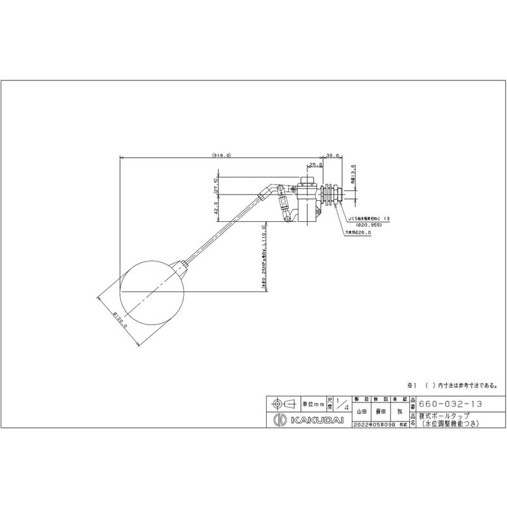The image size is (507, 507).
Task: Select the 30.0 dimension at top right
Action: click(x=334, y=154)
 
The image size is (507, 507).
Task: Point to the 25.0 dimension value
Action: click(x=315, y=165)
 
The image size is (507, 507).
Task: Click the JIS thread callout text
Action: click(x=373, y=217)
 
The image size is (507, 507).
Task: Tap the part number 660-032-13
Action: click(x=448, y=403)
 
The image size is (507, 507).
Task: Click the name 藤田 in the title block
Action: click(x=382, y=411)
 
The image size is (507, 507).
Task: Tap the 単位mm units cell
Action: click(x=312, y=404)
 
